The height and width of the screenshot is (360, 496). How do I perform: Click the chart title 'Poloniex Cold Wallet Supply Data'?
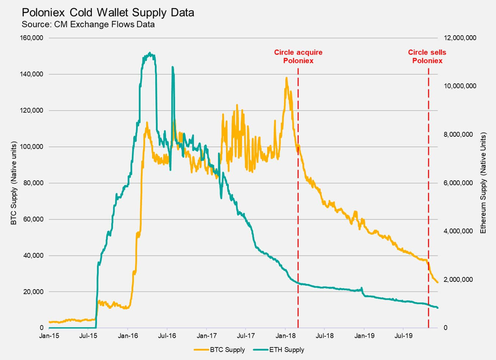(108, 12)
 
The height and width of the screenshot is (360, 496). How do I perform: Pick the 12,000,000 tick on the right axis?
(460, 38)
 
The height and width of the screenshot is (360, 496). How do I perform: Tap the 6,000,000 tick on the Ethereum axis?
(458, 183)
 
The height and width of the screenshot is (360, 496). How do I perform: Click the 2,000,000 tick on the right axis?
(458, 279)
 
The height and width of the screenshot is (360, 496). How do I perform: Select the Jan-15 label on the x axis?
(49, 335)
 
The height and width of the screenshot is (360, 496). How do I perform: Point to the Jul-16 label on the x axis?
(167, 335)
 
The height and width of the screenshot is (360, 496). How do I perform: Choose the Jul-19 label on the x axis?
(403, 335)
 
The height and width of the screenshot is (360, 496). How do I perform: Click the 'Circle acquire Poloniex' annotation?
(298, 56)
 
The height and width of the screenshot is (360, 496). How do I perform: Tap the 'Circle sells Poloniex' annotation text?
(427, 56)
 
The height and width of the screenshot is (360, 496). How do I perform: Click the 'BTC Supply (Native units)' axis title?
(14, 183)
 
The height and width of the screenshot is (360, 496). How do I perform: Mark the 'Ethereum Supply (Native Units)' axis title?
(483, 183)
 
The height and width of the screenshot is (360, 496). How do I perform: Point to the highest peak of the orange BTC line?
(286, 77)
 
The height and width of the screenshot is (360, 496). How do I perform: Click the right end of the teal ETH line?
(437, 308)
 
